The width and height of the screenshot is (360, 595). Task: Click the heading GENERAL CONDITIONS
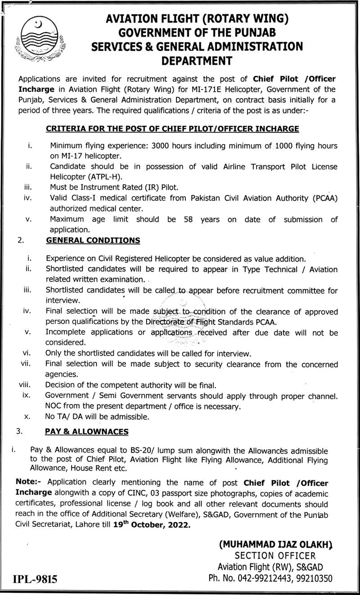(93, 241)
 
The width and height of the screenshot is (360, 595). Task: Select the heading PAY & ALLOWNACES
(86, 432)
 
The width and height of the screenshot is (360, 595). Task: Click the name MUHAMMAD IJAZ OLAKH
(275, 544)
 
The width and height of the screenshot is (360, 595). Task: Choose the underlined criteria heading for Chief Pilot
(172, 129)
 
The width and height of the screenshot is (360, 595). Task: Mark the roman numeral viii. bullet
(24, 385)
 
